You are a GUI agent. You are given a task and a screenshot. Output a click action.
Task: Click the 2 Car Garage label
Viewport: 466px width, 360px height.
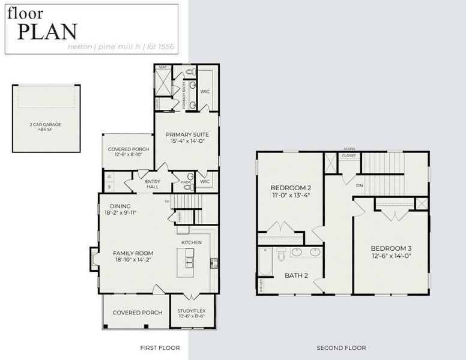coord(46,124)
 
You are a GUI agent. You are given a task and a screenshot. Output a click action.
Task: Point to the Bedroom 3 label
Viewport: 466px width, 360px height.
coord(390,248)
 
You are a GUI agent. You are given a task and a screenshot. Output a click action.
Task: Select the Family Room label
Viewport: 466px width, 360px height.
coord(133,253)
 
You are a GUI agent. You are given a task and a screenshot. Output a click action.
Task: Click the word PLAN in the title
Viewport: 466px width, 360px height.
coord(47,31)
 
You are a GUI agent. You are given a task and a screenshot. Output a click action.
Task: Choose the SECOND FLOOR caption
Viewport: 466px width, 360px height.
coord(341,347)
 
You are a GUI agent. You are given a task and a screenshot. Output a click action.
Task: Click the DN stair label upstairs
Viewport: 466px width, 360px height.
coord(359,186)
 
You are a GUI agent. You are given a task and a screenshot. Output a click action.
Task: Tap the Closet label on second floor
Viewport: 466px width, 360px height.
coord(348,156)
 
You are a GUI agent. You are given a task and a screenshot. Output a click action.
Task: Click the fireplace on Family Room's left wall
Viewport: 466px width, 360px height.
coord(93,258)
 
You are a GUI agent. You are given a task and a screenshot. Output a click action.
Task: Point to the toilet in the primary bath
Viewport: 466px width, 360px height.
coord(190,73)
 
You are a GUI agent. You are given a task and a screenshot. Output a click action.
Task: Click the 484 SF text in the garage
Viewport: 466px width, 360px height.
coord(46,129)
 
